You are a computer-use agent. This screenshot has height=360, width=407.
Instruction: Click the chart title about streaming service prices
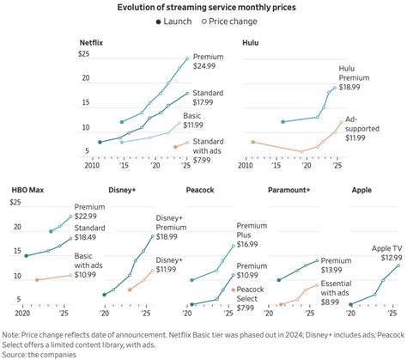click(203, 7)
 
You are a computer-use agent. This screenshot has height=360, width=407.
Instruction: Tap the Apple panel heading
click(364, 188)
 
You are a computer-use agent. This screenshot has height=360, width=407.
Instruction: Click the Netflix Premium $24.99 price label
click(211, 59)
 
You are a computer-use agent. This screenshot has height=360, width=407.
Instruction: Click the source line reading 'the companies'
click(42, 353)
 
